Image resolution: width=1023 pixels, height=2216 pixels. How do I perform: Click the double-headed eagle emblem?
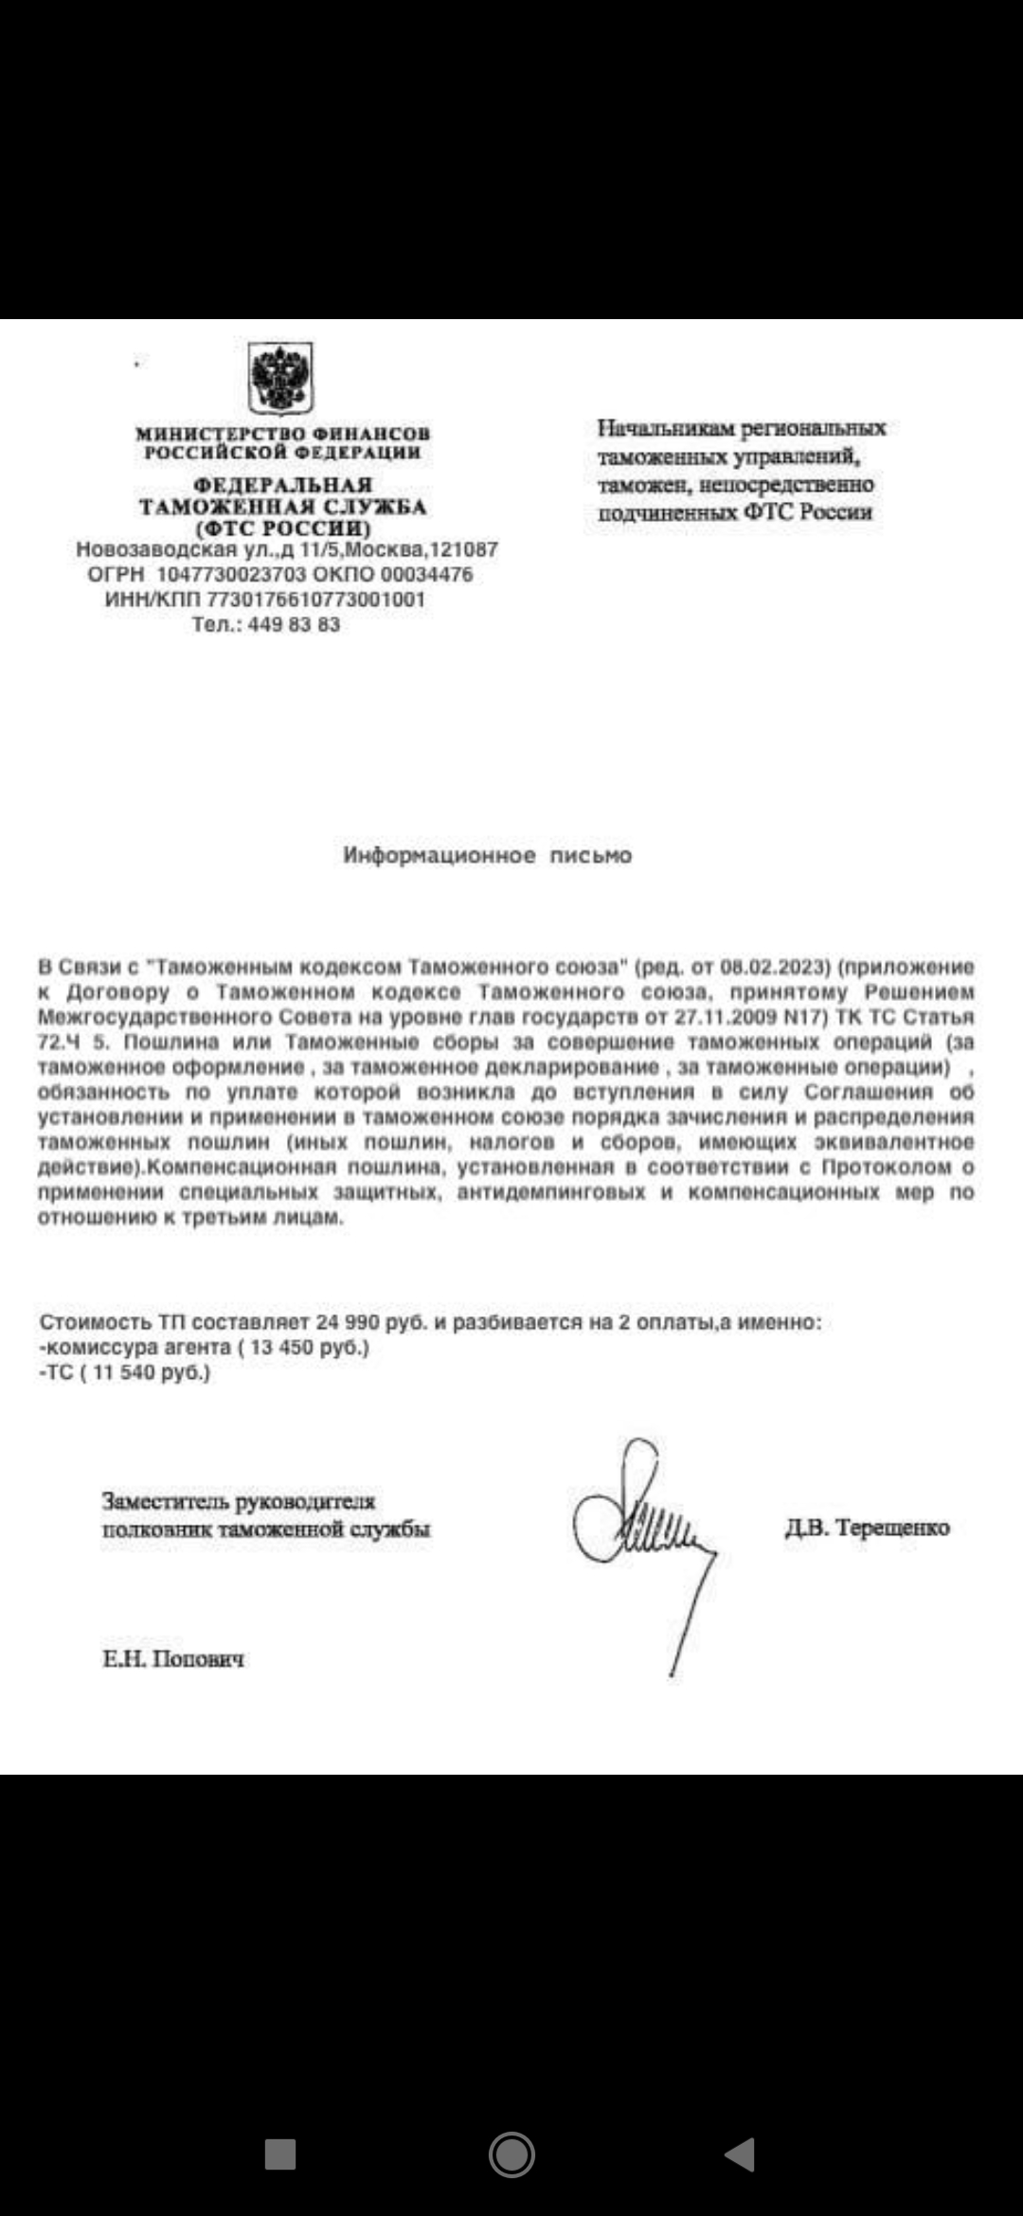point(280,378)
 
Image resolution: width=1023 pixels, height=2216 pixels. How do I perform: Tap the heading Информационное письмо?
point(487,856)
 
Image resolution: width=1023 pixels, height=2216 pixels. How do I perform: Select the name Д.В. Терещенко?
point(867,1528)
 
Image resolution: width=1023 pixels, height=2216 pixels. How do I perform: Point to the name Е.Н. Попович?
point(173,1659)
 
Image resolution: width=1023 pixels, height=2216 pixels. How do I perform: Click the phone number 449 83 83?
point(294,625)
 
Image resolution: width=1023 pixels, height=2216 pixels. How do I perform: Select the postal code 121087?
point(464,550)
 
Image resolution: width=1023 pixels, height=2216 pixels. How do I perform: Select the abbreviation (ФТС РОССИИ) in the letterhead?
point(283,528)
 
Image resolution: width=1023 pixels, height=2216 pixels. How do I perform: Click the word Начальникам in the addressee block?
point(666,429)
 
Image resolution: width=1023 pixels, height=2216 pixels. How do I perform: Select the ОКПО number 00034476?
point(426,575)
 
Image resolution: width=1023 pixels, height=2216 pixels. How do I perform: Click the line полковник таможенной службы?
point(266,1529)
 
